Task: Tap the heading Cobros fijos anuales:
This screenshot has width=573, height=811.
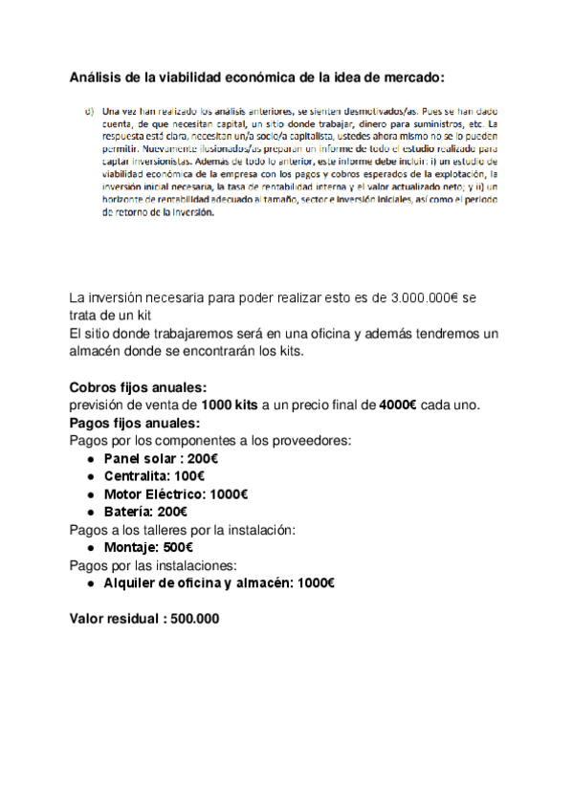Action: click(x=138, y=387)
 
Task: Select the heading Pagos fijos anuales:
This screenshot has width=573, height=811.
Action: click(x=135, y=422)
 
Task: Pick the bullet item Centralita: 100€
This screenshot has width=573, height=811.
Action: click(x=154, y=475)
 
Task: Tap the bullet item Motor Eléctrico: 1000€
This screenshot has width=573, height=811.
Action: click(x=176, y=493)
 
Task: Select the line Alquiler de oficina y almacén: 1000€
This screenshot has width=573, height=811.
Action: click(x=219, y=582)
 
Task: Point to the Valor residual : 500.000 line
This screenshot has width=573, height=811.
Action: click(x=144, y=618)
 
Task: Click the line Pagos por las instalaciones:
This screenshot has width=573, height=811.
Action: click(x=151, y=564)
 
